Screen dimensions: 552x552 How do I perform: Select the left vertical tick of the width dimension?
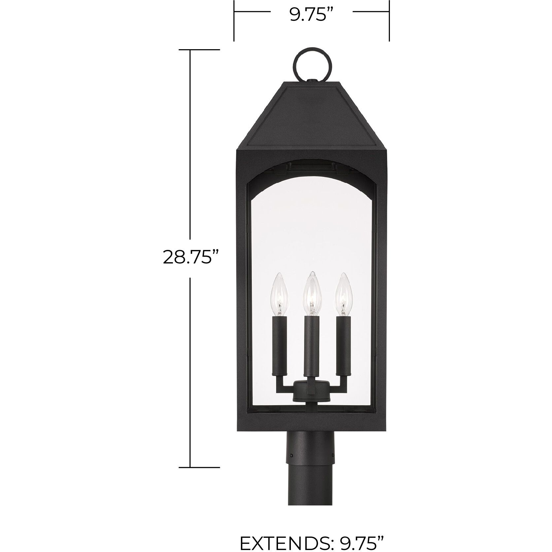tap(234, 20)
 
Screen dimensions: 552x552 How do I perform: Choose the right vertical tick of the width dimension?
tap(390, 20)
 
